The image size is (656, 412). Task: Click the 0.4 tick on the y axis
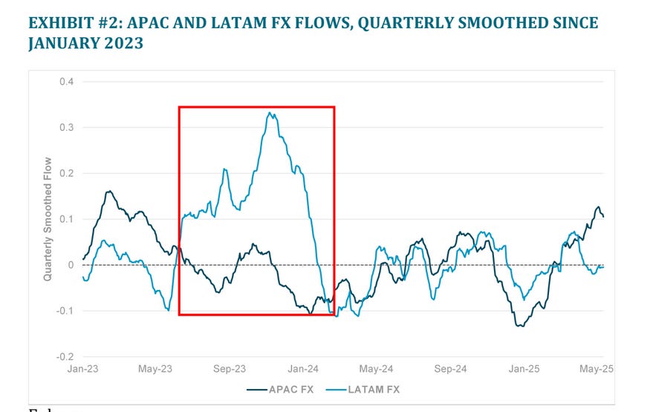pyautogui.click(x=68, y=81)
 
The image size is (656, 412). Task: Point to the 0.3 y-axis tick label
pyautogui.click(x=68, y=127)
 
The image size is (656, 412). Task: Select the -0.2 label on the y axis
pyautogui.click(x=66, y=357)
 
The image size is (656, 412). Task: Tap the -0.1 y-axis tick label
pyautogui.click(x=66, y=311)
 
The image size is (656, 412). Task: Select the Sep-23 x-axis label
pyautogui.click(x=230, y=369)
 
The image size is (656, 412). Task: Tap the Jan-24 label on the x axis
pyautogui.click(x=303, y=369)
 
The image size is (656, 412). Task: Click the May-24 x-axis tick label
pyautogui.click(x=377, y=369)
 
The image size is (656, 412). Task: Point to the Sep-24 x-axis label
pyautogui.click(x=450, y=369)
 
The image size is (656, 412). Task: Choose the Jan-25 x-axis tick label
pyautogui.click(x=524, y=369)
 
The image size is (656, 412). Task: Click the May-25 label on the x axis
pyautogui.click(x=596, y=369)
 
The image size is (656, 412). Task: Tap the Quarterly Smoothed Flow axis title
pyautogui.click(x=48, y=219)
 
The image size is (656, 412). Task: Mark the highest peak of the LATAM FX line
pyautogui.click(x=270, y=113)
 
